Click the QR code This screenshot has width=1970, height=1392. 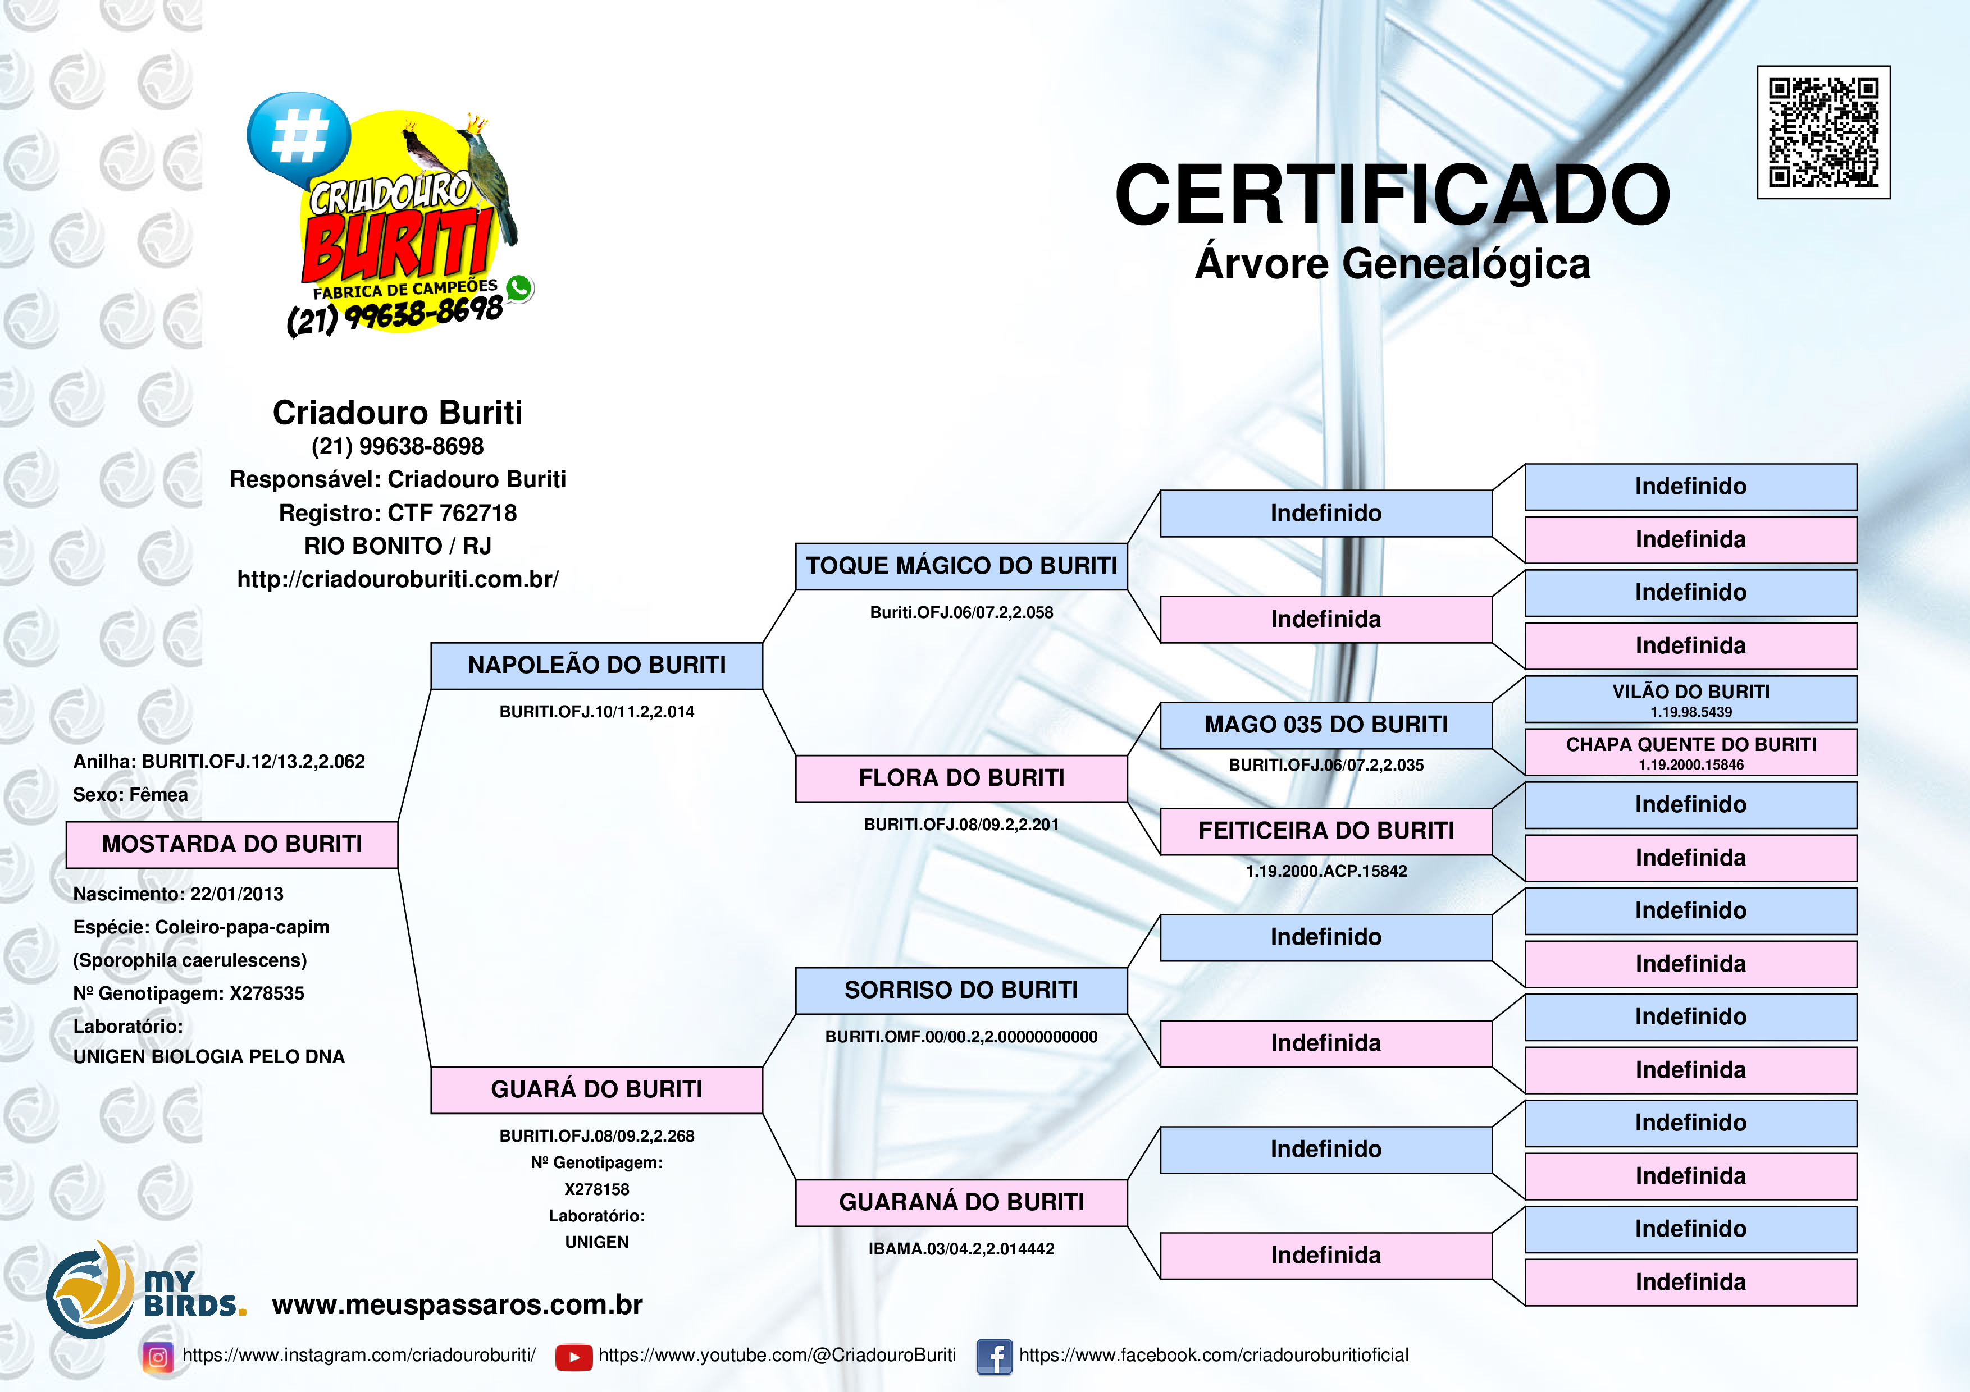click(x=1823, y=132)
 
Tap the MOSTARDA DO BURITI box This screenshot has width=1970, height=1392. click(x=232, y=845)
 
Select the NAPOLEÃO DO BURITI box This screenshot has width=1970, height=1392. click(x=596, y=666)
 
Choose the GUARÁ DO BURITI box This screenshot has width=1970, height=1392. click(x=596, y=1090)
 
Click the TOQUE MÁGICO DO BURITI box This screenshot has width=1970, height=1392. click(x=961, y=566)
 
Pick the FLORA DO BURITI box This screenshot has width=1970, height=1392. click(x=961, y=778)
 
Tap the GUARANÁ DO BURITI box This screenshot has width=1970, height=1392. click(x=961, y=1202)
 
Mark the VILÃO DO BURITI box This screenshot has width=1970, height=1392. click(x=1690, y=699)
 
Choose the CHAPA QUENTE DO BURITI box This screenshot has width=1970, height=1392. click(x=1690, y=752)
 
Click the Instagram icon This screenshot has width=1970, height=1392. click(x=158, y=1357)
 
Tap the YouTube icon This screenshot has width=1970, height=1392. click(x=573, y=1357)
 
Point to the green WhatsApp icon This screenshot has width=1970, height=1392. click(x=519, y=288)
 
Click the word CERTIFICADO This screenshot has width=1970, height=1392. click(x=1392, y=195)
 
